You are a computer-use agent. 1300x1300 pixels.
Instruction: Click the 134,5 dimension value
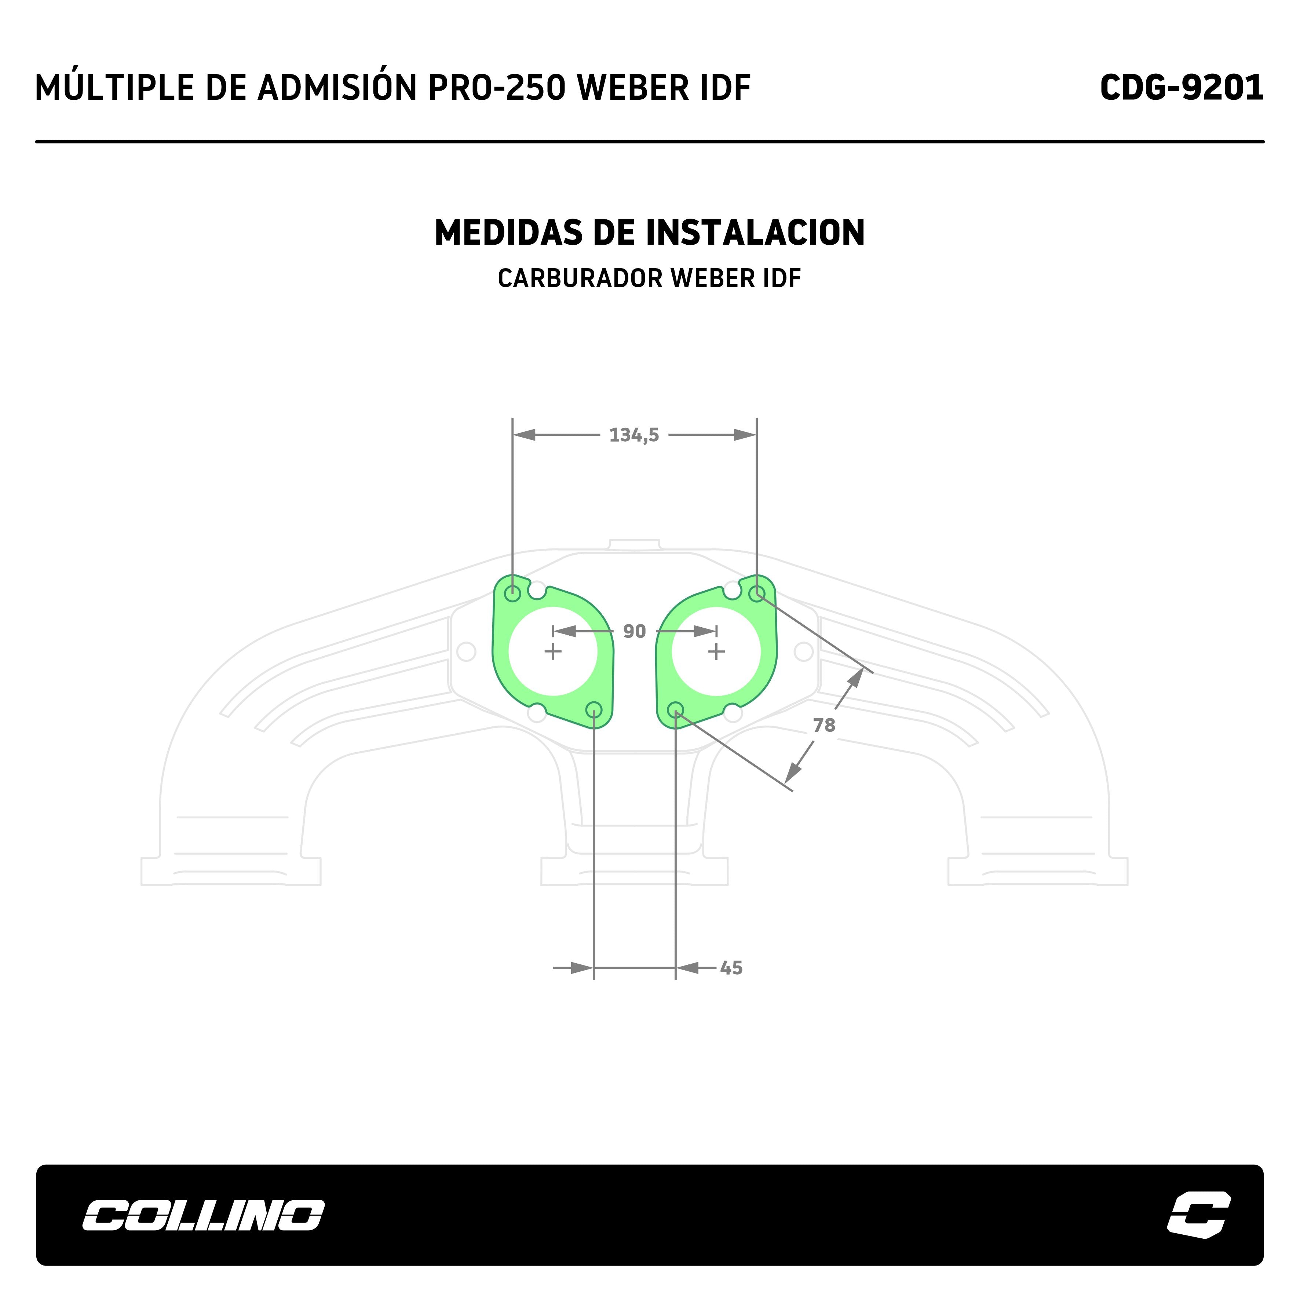[634, 435]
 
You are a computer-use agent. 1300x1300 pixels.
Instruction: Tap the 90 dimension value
[634, 631]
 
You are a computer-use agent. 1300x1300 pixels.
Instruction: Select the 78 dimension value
[824, 725]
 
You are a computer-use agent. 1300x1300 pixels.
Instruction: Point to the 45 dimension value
[731, 968]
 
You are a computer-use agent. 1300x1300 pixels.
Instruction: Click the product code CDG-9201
[1182, 87]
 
